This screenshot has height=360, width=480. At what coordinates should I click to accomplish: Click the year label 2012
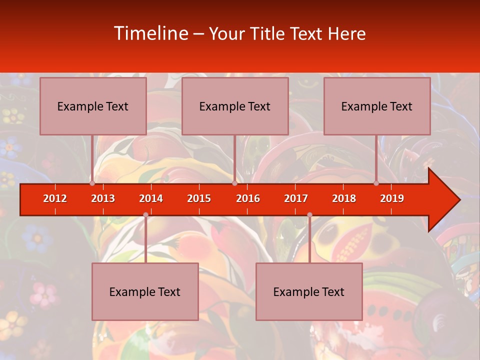tap(55, 198)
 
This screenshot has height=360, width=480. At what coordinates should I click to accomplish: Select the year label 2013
tap(103, 198)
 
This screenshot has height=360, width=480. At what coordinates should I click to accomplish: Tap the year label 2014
tap(151, 198)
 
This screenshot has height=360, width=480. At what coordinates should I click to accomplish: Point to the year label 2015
tap(199, 198)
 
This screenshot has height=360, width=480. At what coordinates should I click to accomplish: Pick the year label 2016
tap(248, 198)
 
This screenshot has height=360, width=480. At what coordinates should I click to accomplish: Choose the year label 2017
tap(296, 198)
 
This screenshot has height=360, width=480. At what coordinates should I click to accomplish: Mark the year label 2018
tap(344, 198)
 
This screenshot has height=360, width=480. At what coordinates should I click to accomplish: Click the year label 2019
tap(392, 198)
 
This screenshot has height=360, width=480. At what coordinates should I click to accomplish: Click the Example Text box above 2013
tap(93, 106)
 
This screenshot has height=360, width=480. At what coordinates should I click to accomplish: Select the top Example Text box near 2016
tap(235, 106)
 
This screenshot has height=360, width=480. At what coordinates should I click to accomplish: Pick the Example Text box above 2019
tap(377, 106)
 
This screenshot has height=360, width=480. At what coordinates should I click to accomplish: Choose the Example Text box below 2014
tap(145, 291)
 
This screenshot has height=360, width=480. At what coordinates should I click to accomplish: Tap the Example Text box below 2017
tap(309, 291)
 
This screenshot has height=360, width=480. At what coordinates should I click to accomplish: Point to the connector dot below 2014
tap(145, 215)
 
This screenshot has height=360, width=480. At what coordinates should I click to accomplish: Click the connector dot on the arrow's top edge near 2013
tap(92, 183)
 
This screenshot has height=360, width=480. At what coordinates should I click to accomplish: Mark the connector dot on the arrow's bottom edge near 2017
tap(309, 215)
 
